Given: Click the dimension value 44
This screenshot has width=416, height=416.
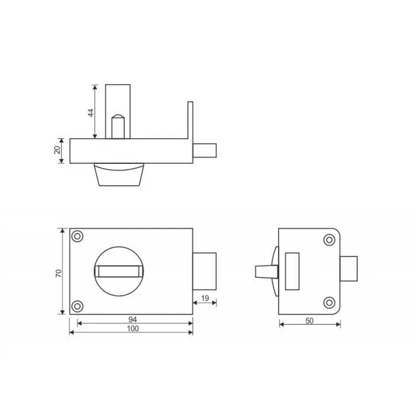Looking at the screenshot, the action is tap(91, 113).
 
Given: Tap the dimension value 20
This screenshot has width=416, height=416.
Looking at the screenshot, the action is tap(57, 150).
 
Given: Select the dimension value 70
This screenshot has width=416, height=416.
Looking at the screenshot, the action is tap(59, 273).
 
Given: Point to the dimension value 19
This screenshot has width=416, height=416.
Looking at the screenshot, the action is tap(205, 298).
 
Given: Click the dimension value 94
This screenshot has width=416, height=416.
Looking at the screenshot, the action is tap(133, 319).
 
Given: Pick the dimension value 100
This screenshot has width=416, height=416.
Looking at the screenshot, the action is tap(133, 329).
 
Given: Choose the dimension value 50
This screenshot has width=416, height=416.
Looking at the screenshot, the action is tap(309, 321).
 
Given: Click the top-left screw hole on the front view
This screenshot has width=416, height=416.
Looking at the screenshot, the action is tap(77, 236).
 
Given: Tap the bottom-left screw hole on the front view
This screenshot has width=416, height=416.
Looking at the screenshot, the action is tap(77, 306).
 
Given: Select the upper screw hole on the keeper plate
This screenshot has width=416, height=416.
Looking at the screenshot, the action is tap(329, 240).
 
